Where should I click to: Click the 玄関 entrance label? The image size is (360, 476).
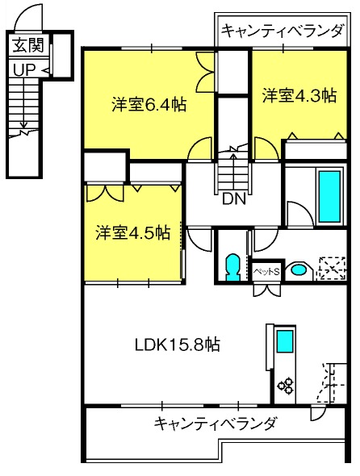coord(28,45)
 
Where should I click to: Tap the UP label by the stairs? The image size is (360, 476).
coord(24,70)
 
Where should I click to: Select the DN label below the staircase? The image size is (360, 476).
coord(233,199)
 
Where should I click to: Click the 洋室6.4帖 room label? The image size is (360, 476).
coord(149,105)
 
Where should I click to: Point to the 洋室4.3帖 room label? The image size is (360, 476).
coord(299,96)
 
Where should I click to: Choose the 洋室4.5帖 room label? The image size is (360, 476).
coord(132,233)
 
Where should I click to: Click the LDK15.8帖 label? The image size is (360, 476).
coord(178,344)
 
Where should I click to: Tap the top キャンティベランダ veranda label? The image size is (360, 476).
coord(283,31)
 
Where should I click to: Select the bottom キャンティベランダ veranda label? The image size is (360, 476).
coord(216,424)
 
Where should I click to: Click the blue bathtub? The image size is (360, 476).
coord(329,196)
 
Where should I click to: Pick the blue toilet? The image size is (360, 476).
coord(232,267)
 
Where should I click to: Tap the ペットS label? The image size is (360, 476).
coord(266,271)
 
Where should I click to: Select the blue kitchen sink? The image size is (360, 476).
coord(285,341)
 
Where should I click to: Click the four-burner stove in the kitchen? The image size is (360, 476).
coord(286,385)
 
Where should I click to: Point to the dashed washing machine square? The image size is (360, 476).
coord(332,269)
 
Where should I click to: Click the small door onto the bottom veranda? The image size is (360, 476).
coord(318,412)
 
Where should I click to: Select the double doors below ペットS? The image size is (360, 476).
coord(266,290)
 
